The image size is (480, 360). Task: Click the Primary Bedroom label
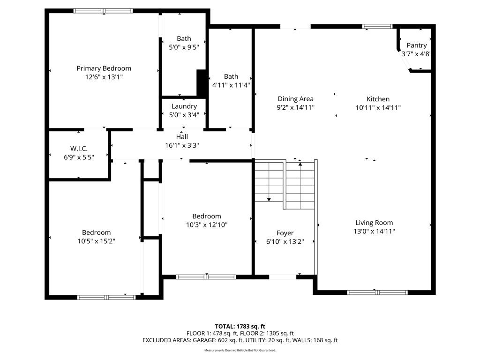tap(104, 68)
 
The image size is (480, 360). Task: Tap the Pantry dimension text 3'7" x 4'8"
tap(416, 54)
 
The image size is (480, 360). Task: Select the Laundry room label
tap(184, 106)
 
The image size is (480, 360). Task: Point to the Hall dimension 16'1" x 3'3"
tap(182, 145)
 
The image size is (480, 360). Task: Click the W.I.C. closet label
tap(79, 149)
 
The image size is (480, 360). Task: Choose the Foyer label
tap(285, 233)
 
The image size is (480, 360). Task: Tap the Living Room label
tap(374, 223)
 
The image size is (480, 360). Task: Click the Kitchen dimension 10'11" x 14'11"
tap(378, 108)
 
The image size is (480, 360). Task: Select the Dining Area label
tap(295, 99)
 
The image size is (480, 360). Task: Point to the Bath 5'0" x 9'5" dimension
tap(184, 47)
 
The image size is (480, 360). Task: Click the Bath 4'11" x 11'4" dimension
tap(231, 85)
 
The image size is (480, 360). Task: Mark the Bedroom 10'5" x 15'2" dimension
tap(97, 241)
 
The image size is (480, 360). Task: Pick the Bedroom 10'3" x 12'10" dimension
tap(207, 225)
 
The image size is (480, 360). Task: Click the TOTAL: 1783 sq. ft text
tap(240, 326)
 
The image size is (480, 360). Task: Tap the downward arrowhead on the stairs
tap(269, 200)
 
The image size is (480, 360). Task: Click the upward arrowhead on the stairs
tap(300, 165)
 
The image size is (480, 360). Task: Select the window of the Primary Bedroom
tap(103, 11)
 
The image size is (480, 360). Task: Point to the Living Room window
tap(377, 292)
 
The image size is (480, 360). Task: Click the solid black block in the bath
tap(201, 83)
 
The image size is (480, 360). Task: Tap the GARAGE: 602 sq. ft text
tap(217, 340)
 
